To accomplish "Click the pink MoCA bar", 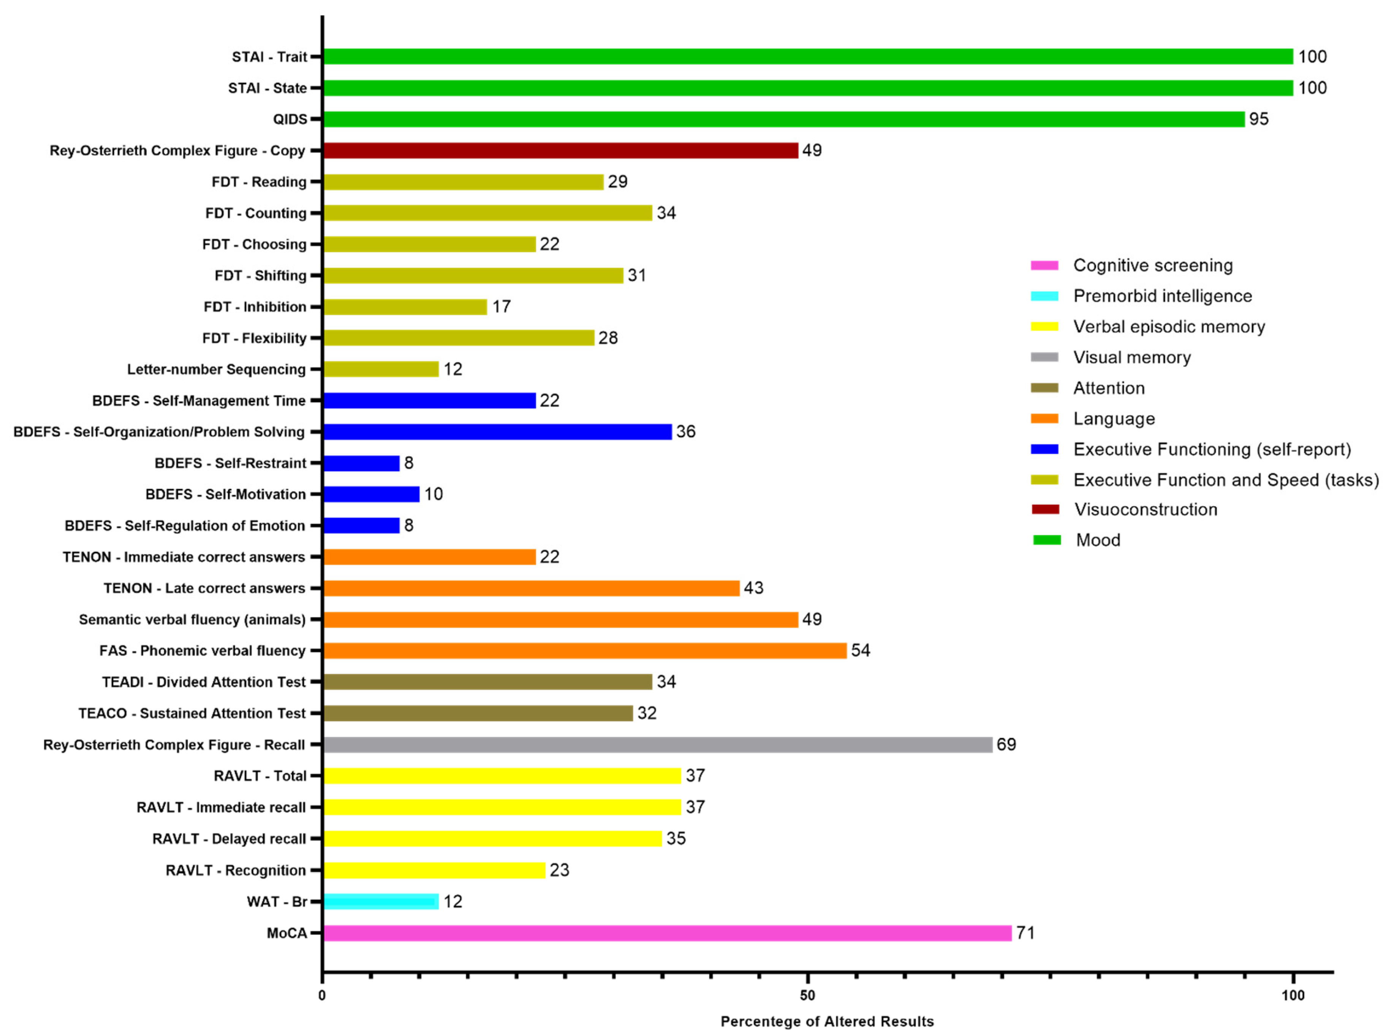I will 667,933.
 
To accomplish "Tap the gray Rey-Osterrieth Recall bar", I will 658,744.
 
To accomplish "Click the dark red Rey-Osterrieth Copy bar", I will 561,150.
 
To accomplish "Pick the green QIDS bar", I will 783,119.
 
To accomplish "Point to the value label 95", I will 1258,119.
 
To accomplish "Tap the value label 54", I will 860,650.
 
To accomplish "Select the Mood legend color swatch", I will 1046,540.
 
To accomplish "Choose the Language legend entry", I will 1114,419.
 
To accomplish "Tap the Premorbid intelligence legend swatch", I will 1045,296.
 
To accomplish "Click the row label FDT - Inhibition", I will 255,307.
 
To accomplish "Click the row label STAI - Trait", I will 269,57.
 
